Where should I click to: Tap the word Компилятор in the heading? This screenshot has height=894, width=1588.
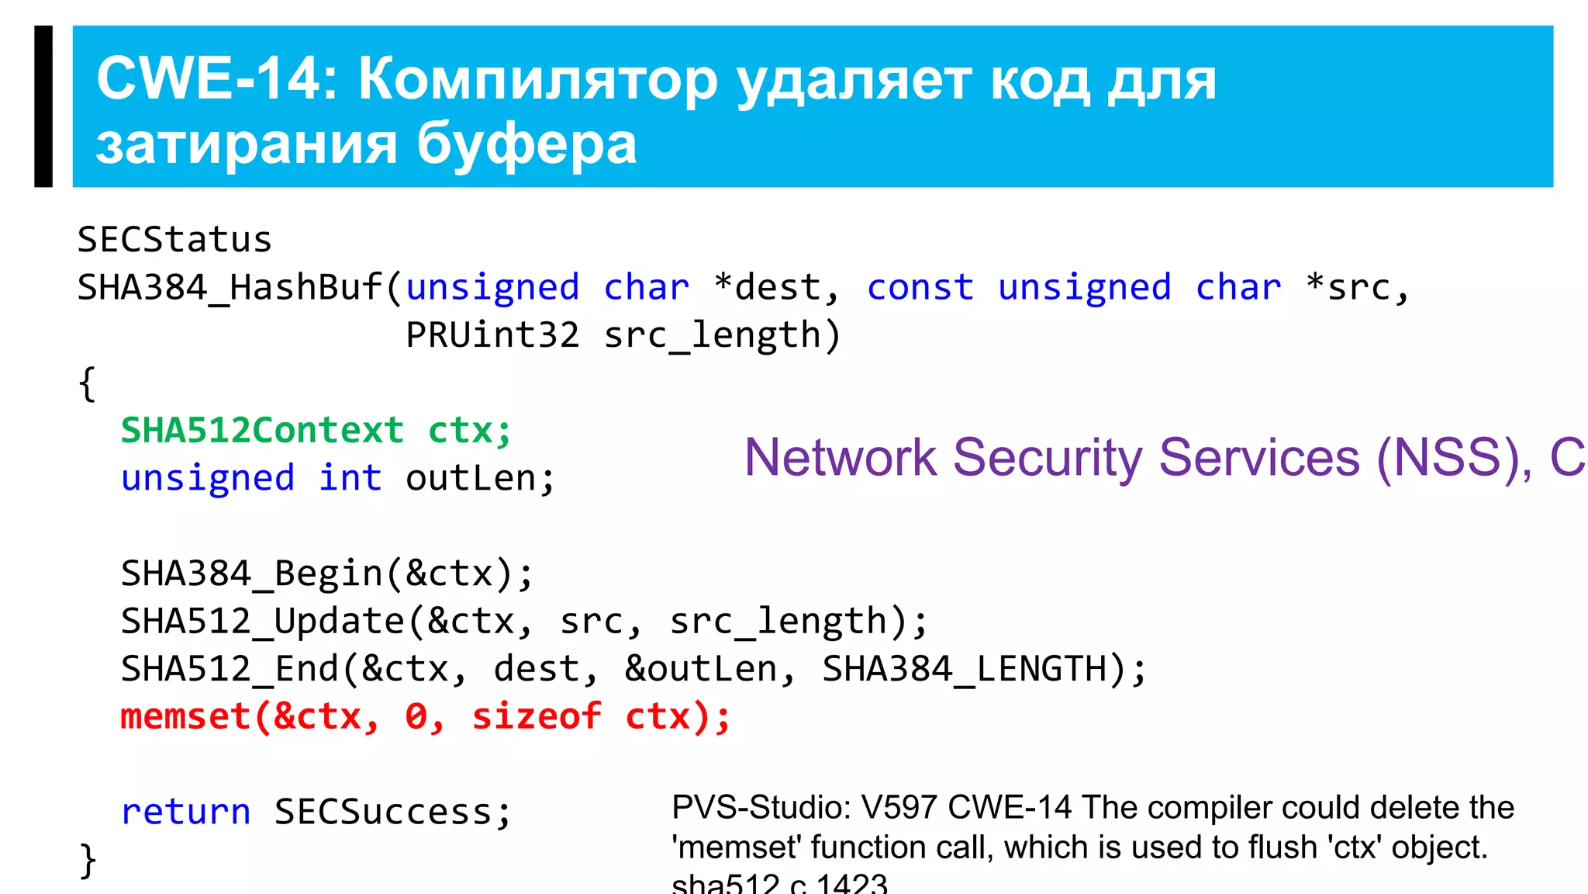(x=538, y=81)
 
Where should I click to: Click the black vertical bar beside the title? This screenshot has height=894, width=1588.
(x=43, y=106)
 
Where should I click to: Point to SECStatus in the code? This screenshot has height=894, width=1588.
(x=174, y=240)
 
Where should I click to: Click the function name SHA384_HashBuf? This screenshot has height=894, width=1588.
(x=230, y=288)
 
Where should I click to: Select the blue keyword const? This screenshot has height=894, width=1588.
(x=920, y=288)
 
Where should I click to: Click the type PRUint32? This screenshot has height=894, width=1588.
(x=492, y=335)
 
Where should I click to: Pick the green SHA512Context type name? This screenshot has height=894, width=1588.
(x=262, y=431)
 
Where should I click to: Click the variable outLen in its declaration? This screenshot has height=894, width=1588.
(x=470, y=479)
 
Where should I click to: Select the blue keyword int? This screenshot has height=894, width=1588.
(x=350, y=479)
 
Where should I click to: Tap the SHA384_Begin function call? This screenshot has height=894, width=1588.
(x=251, y=574)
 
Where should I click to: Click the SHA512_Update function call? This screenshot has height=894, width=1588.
(x=263, y=622)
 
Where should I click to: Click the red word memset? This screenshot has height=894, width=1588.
(x=185, y=717)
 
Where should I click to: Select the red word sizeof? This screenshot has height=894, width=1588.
(x=537, y=717)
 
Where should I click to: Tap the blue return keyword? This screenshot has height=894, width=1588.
(x=186, y=813)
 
